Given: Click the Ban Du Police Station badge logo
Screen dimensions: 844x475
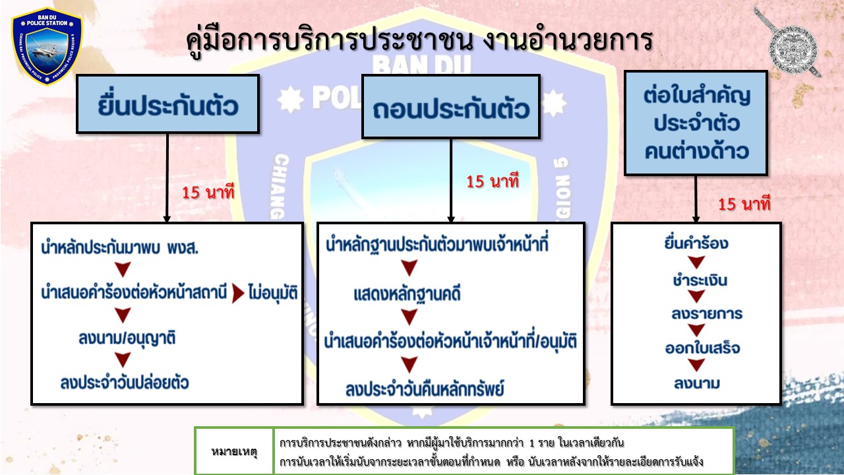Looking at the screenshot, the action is click(x=47, y=46).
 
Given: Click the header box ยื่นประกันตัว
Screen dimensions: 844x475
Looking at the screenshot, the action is click(x=167, y=104).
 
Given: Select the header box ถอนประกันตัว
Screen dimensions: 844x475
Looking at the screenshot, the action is click(x=450, y=107).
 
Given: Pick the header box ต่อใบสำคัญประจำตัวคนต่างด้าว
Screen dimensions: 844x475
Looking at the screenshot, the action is click(x=696, y=123).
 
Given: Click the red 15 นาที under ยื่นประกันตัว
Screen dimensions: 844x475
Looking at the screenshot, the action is click(x=208, y=192).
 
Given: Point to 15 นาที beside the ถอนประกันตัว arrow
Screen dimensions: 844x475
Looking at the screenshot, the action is click(x=493, y=181).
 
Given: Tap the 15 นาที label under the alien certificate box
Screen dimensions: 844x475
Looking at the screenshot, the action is click(x=744, y=204).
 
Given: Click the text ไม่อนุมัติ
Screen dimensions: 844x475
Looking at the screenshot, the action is click(x=273, y=293).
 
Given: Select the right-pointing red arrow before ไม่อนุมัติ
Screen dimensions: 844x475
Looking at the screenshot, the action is click(x=238, y=294).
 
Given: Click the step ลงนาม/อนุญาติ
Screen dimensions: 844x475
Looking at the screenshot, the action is click(x=127, y=338).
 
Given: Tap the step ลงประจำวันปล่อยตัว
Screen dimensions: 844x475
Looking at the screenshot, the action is click(x=125, y=382).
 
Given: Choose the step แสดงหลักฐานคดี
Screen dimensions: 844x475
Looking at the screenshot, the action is click(x=407, y=294).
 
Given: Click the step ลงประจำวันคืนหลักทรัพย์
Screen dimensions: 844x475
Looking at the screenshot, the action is click(x=425, y=389).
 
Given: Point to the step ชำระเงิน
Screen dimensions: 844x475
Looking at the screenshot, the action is click(x=700, y=280).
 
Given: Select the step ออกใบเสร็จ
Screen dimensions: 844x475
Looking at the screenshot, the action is click(x=702, y=348).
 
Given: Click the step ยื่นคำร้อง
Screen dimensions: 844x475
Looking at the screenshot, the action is click(x=696, y=243).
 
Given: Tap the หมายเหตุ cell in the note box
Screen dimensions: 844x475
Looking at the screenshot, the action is click(x=234, y=451).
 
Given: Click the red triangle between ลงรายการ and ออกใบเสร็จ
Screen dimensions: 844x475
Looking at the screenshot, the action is click(x=696, y=331).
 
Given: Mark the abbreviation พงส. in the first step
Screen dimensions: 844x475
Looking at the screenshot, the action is click(x=183, y=247).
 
